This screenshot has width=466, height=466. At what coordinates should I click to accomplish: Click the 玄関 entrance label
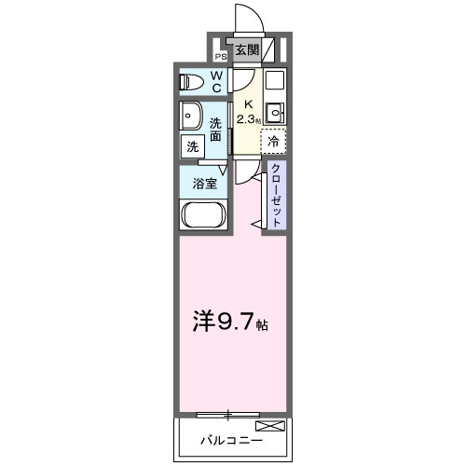coord(247,50)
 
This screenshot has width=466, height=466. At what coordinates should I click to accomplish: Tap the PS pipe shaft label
coord(221,55)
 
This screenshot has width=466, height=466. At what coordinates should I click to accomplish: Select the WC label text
coord(215,82)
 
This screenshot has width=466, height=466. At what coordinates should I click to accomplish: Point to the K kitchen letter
coord(247,105)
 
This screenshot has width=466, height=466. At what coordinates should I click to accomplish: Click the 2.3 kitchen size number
coord(246,119)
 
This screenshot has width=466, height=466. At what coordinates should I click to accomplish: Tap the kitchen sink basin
coord(275,115)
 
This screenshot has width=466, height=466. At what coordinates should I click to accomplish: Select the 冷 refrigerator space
coord(273,142)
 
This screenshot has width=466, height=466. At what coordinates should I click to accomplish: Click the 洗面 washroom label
coord(215,130)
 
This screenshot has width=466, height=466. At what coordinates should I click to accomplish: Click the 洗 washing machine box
coord(192,145)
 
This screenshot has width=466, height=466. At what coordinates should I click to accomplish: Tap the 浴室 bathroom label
coord(205,183)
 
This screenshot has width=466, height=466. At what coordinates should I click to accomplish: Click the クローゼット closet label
coord(277,193)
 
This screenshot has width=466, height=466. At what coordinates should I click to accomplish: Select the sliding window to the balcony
coord(228,413)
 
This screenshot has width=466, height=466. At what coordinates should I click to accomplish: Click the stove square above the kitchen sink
coord(275,80)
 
